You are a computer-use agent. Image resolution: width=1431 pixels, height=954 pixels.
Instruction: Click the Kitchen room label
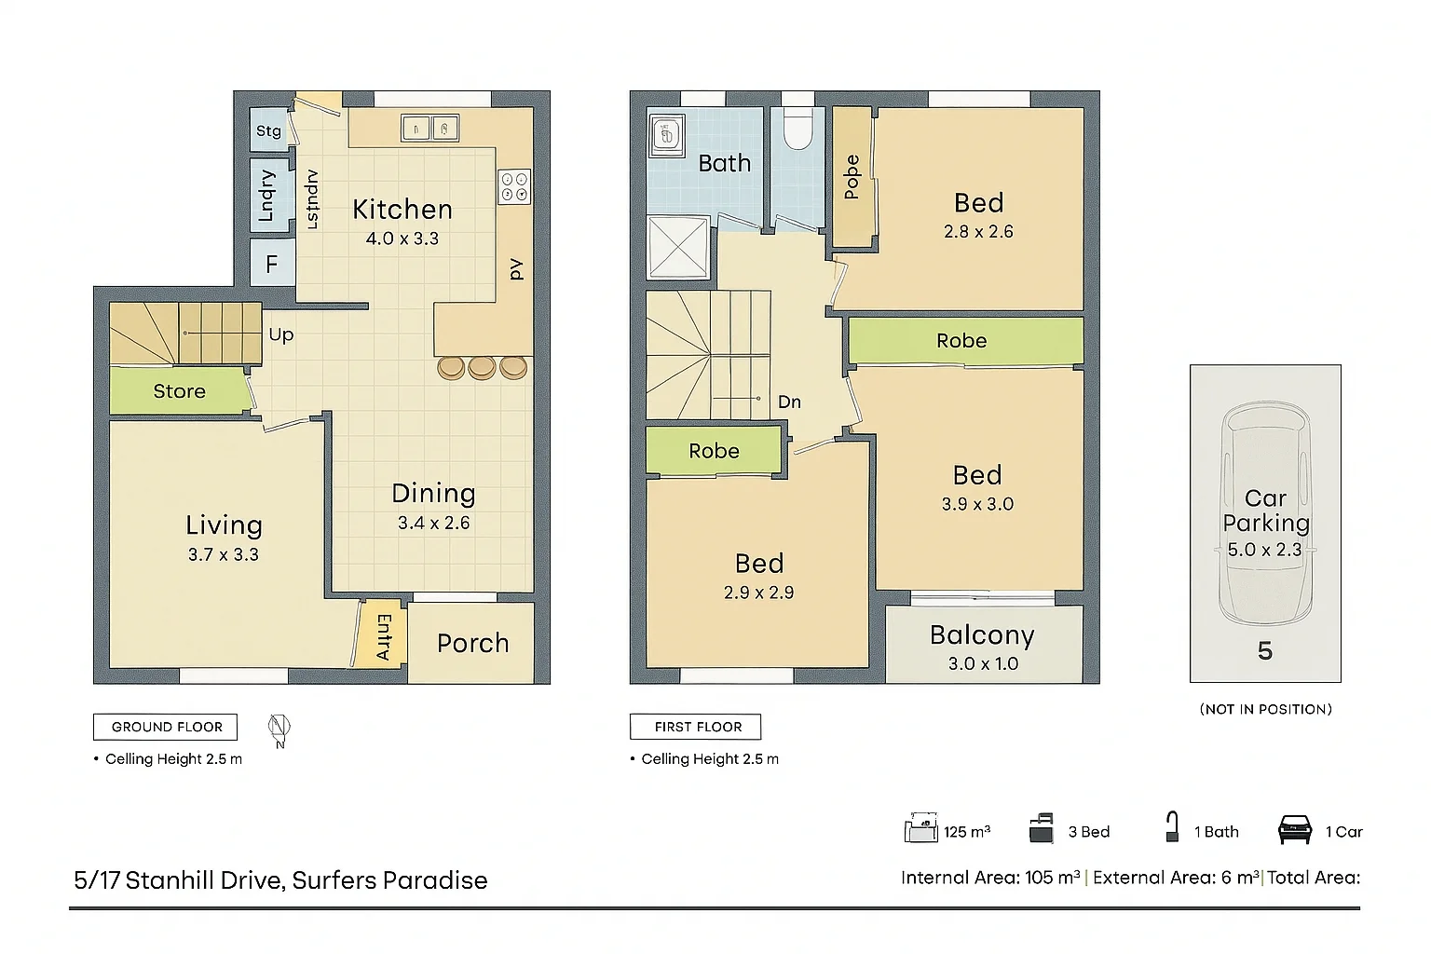coord(402,210)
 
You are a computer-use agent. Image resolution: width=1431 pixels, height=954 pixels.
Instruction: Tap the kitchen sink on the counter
coord(430,128)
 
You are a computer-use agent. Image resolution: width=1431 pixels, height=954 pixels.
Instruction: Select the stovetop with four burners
coord(514,186)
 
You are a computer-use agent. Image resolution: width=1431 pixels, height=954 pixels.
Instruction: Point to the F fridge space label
coord(272,265)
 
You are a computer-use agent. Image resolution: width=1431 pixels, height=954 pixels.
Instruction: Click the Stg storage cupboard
coord(269,130)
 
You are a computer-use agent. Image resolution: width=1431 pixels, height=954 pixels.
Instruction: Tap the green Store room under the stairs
coord(179,391)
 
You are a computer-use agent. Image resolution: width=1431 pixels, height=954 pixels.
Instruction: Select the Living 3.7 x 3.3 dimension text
coord(224,554)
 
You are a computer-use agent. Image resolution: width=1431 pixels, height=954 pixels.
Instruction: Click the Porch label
coord(473,643)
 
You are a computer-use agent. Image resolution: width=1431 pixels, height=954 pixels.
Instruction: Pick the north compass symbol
coord(279,729)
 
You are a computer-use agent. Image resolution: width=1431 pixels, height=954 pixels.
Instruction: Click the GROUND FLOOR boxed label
coord(166,727)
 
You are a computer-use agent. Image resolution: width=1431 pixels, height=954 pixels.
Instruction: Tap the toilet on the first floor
coord(798,131)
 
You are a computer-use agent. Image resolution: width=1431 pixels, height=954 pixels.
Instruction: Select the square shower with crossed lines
coord(678,247)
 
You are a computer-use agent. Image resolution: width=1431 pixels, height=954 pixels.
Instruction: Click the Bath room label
coord(724,163)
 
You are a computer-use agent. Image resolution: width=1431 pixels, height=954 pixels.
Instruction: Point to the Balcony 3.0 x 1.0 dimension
coord(983,663)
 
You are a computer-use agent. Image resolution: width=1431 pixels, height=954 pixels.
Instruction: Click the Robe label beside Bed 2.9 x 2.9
coord(714,451)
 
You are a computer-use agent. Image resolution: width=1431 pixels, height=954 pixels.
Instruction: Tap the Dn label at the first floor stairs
coord(789,402)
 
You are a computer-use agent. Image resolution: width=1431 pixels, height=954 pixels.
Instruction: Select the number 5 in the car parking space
coord(1264,650)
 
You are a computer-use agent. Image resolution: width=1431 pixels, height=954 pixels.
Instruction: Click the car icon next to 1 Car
coord(1295,829)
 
